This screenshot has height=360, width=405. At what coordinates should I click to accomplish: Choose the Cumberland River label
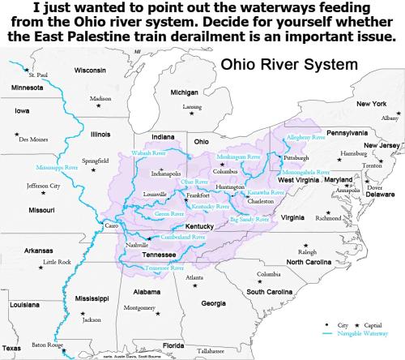click(177, 237)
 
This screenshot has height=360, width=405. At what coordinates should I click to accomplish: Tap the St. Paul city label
click(38, 75)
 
